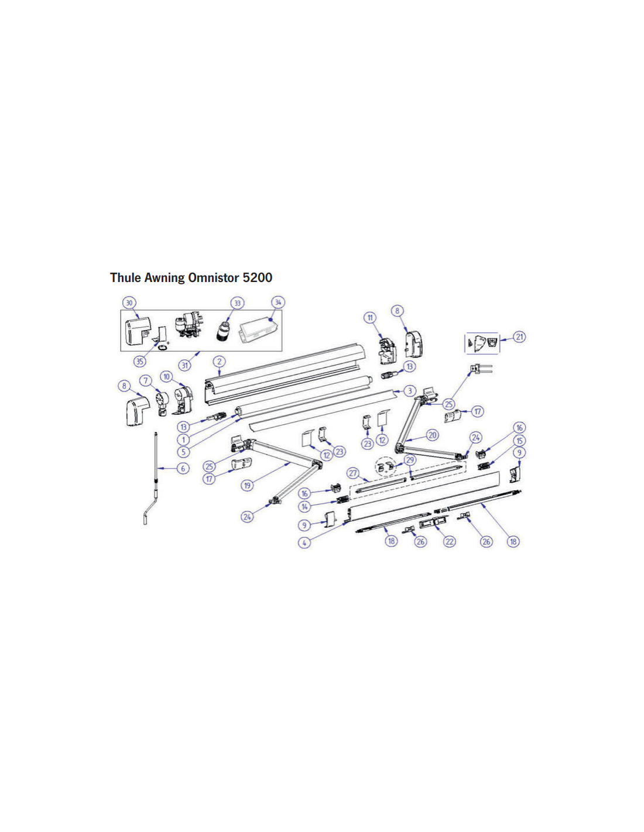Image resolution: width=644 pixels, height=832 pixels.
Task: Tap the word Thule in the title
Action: click(125, 277)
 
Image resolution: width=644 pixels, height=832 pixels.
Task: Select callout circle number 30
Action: click(129, 303)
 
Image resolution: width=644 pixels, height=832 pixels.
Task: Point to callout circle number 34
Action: click(278, 302)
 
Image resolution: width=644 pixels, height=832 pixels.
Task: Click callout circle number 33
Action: click(238, 303)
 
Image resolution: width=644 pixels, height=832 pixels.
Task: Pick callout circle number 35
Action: click(140, 361)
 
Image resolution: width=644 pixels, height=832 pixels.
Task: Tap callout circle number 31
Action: click(185, 365)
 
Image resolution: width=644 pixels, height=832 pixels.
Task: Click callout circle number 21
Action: click(519, 337)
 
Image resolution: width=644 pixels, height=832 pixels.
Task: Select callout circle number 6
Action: click(183, 468)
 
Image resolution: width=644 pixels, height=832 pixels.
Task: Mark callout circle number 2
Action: click(219, 361)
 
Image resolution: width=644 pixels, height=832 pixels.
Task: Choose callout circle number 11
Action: click(370, 318)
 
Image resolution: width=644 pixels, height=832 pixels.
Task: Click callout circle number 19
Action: click(248, 486)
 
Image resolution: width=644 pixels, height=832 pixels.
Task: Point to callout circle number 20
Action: click(433, 435)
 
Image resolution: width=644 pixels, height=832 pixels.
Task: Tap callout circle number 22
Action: click(450, 541)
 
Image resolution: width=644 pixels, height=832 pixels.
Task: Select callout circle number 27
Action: click(353, 473)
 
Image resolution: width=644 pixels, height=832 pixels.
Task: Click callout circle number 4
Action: click(304, 542)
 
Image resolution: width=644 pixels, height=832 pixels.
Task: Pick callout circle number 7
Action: click(146, 380)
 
